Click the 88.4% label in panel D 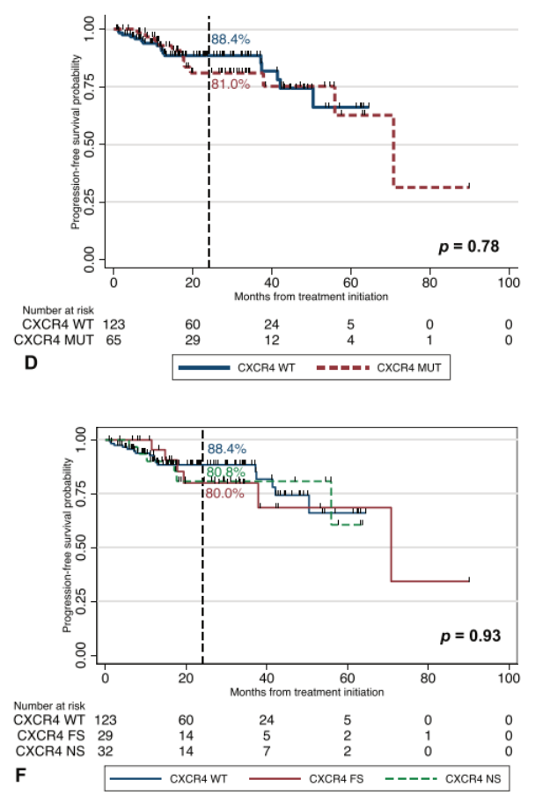click(x=230, y=40)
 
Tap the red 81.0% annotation click(x=230, y=85)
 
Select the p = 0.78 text click(x=469, y=246)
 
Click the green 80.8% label click(x=225, y=472)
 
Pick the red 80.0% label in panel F click(x=224, y=494)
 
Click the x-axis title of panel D click(x=311, y=297)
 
